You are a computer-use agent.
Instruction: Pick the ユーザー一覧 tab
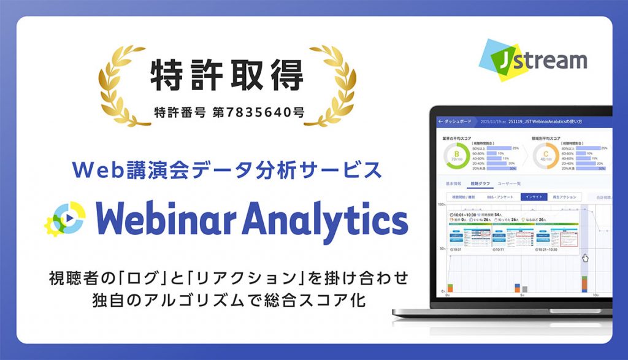coord(509,183)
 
